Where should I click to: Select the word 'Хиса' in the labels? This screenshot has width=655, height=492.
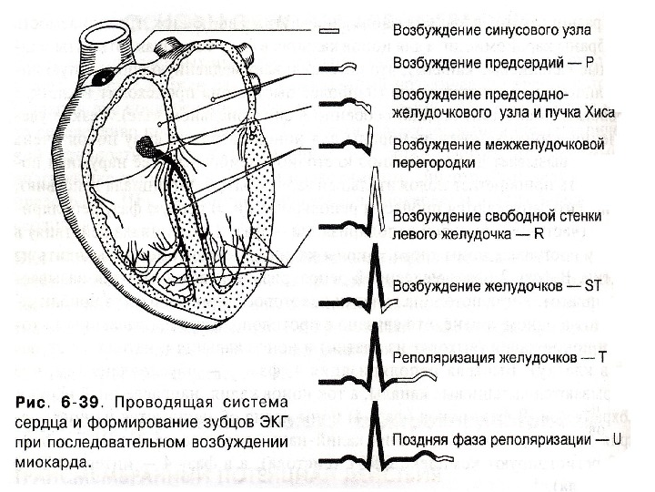(602, 111)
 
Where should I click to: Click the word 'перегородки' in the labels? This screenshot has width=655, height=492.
(436, 161)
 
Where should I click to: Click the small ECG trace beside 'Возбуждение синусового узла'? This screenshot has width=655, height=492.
(329, 31)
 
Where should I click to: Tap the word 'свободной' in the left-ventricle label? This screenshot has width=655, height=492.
(505, 216)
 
